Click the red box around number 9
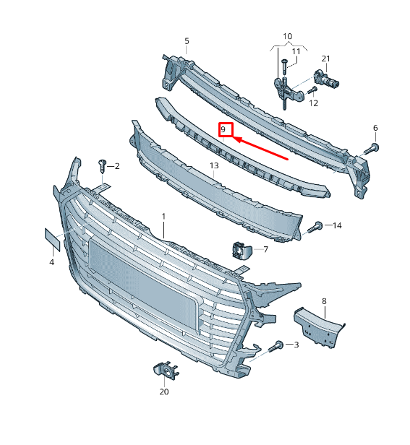point(226,123)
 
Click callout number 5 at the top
point(187,41)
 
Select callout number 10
point(288,36)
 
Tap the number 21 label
point(325,59)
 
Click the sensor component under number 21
point(326,79)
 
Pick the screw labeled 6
point(372,149)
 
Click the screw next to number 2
point(102,165)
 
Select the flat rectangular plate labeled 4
point(53,240)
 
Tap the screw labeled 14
point(315,227)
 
